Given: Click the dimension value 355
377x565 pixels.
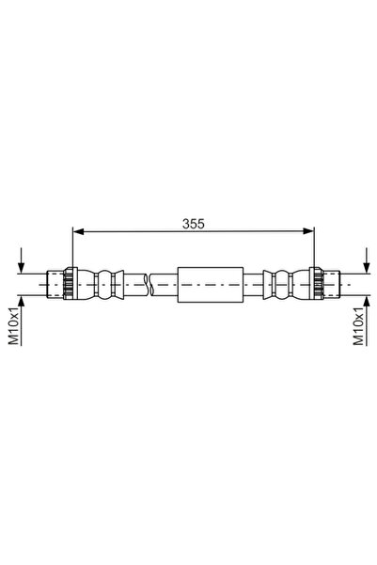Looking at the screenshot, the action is [193, 224].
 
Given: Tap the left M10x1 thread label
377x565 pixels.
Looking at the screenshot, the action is [14, 326].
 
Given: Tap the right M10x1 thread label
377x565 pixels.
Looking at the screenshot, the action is [358, 326].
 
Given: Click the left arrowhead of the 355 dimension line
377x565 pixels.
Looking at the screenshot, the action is [78, 231].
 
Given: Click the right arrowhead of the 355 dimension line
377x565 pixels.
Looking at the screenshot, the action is [308, 231].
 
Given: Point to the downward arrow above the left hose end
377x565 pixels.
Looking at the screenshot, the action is [22, 260].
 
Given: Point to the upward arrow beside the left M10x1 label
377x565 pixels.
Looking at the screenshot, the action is [22, 321].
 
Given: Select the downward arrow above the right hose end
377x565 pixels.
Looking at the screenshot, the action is [367, 260].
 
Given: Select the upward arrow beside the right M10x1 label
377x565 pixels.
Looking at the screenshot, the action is [367, 321].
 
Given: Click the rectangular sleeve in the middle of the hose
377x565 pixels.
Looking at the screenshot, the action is [211, 285].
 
